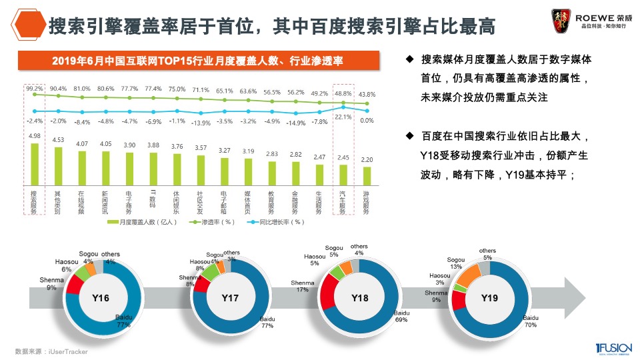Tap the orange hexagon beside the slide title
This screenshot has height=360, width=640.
click(x=28, y=25)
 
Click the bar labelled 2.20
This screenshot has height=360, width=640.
click(x=367, y=175)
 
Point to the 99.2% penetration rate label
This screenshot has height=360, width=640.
click(x=34, y=88)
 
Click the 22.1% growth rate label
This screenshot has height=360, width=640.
click(x=343, y=117)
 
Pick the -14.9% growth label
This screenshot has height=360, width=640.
click(x=296, y=123)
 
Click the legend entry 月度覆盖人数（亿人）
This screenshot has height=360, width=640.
click(x=144, y=222)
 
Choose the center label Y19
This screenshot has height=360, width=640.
click(x=489, y=298)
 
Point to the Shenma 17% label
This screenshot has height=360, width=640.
click(x=302, y=286)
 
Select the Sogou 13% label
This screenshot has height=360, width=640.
click(x=455, y=263)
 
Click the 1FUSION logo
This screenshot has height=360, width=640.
click(x=609, y=349)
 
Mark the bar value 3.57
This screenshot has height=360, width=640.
click(x=201, y=147)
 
